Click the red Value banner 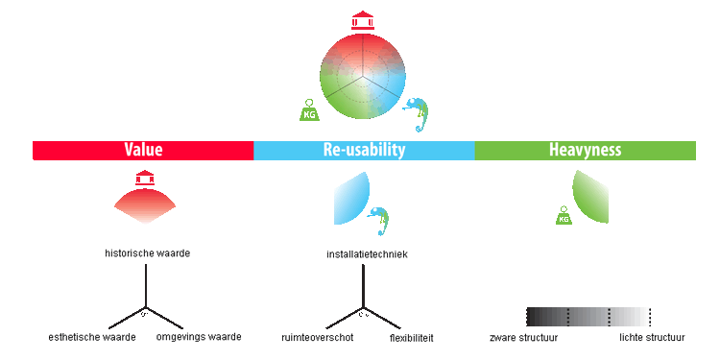click(143, 151)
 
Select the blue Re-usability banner click(364, 151)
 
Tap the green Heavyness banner click(585, 151)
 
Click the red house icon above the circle click(363, 21)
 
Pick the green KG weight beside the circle click(310, 110)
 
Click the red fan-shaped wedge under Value click(145, 205)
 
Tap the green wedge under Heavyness click(590, 197)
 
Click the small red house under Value click(145, 179)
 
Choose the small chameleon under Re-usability click(379, 221)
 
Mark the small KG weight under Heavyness click(564, 215)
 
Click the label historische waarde click(148, 253)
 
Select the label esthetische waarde click(92, 338)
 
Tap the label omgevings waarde click(199, 337)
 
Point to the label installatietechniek click(367, 254)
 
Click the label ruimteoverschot click(318, 338)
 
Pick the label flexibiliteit click(412, 339)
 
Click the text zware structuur click(524, 338)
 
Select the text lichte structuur click(652, 338)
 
